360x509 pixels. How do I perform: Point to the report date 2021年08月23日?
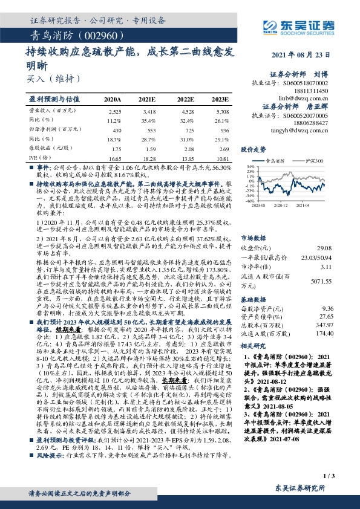coord(318,56)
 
